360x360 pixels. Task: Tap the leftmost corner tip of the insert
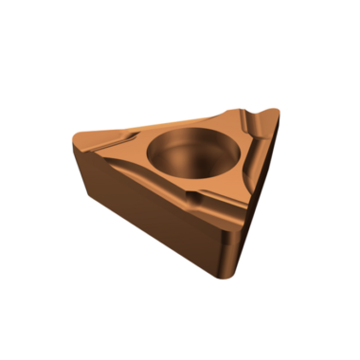[73, 144]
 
